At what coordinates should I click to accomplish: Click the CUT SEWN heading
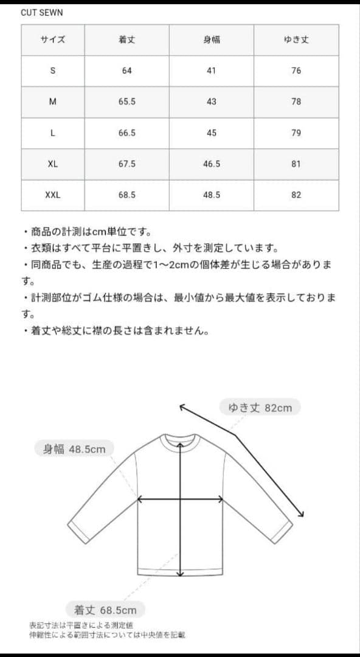[x=42, y=12]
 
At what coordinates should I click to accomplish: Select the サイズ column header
[x=52, y=40]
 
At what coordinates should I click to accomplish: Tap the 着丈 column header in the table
[x=126, y=40]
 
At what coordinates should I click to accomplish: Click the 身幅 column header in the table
[x=211, y=40]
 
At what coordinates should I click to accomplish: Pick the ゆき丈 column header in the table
[x=296, y=40]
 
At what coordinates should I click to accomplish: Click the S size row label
[x=52, y=71]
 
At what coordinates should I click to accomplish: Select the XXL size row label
[x=52, y=195]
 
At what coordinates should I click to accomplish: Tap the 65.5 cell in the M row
[x=126, y=102]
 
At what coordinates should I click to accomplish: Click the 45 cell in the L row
[x=211, y=133]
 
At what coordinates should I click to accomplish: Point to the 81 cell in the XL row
[x=296, y=164]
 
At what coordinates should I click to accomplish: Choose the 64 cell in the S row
[x=126, y=71]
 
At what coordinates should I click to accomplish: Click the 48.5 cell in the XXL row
[x=211, y=195]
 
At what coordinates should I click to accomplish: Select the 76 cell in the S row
[x=296, y=71]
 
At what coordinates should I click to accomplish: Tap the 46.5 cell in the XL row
[x=211, y=164]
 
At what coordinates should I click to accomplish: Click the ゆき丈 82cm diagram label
[x=260, y=408]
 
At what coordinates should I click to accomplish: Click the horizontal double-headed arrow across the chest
[x=180, y=499]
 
